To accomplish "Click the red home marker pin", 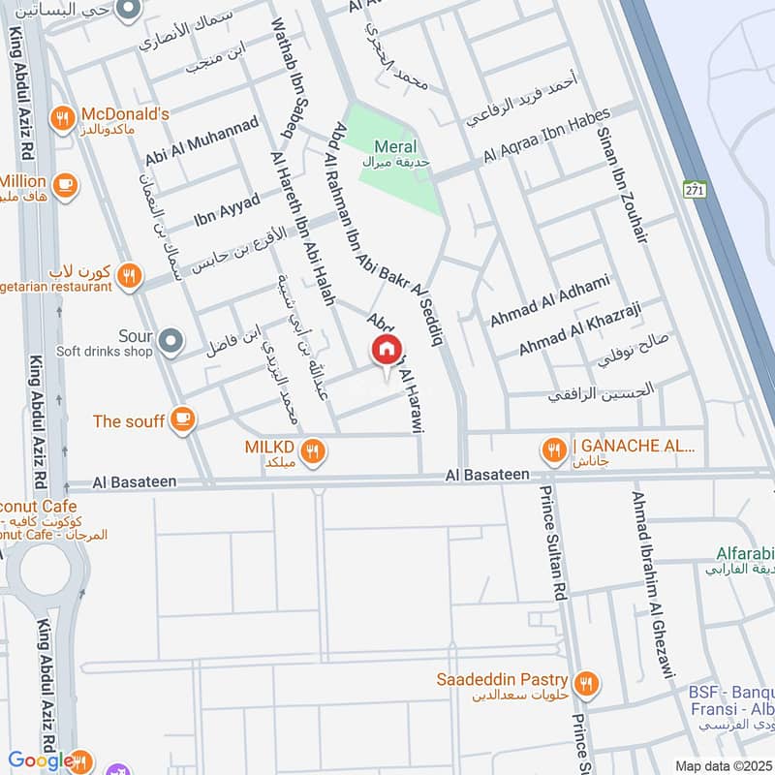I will (x=387, y=349).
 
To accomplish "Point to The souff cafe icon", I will (x=181, y=419).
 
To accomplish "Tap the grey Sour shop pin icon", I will (x=171, y=340).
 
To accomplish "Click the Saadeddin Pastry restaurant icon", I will (x=584, y=685).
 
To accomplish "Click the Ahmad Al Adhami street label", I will (x=549, y=300).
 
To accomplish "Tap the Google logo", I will (x=41, y=760).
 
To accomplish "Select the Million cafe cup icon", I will (x=66, y=184).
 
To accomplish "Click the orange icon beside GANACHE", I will (x=553, y=449).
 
